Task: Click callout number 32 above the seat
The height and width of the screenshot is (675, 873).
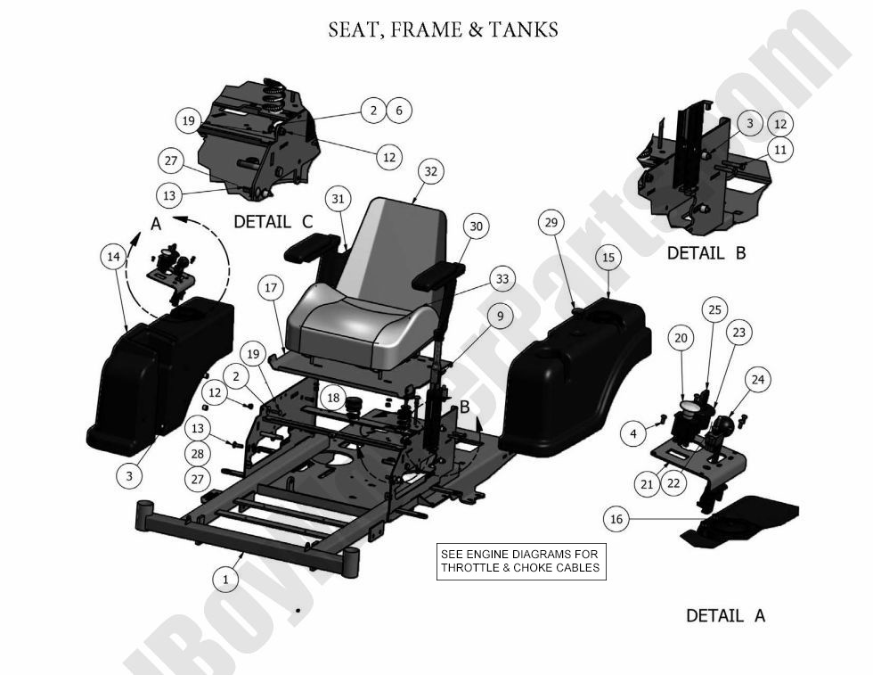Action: tap(430, 171)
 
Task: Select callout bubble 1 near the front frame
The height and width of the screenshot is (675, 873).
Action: tap(225, 579)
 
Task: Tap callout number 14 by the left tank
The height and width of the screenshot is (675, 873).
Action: tap(112, 257)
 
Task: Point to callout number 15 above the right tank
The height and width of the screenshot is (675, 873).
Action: tap(608, 258)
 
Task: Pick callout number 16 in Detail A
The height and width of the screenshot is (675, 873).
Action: tap(616, 518)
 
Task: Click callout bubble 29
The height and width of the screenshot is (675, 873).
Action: tap(551, 221)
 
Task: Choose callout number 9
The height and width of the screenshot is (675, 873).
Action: tap(500, 315)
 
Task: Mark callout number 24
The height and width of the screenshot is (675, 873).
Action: tap(757, 380)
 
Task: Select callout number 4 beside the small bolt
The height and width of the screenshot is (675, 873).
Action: tap(632, 434)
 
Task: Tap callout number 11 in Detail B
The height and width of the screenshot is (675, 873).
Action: tap(779, 151)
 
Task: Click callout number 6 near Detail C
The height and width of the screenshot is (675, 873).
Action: tap(398, 111)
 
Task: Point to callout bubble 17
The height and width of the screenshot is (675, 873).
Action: tap(272, 288)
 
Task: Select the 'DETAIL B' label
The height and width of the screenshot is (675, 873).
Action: tap(706, 252)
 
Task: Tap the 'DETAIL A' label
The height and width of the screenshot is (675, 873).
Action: tap(725, 615)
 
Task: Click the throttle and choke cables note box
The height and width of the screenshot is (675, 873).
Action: tap(521, 561)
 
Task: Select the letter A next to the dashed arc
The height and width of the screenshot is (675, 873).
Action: tap(156, 225)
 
